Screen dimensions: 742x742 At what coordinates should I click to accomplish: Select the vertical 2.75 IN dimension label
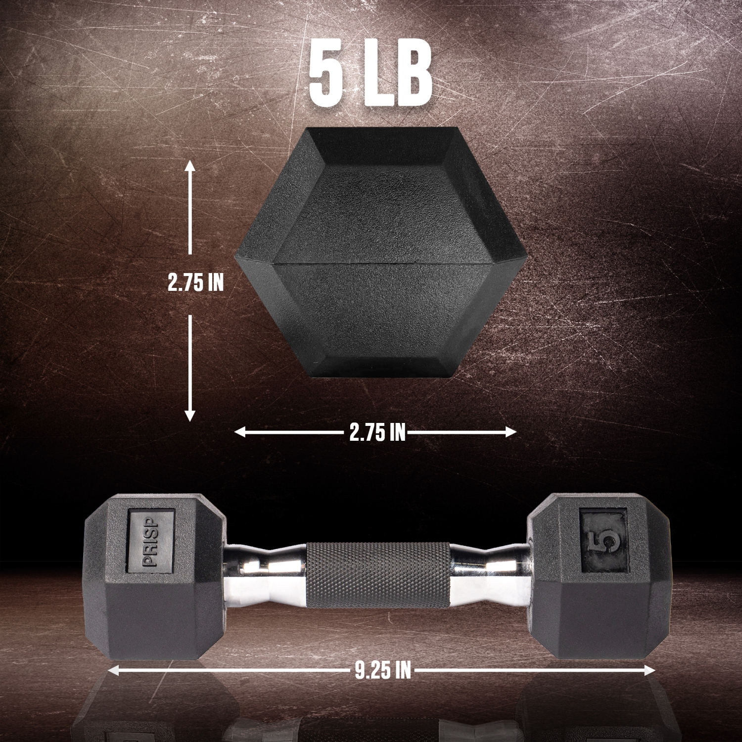[195, 282]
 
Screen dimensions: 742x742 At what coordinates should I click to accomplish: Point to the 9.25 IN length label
[382, 671]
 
